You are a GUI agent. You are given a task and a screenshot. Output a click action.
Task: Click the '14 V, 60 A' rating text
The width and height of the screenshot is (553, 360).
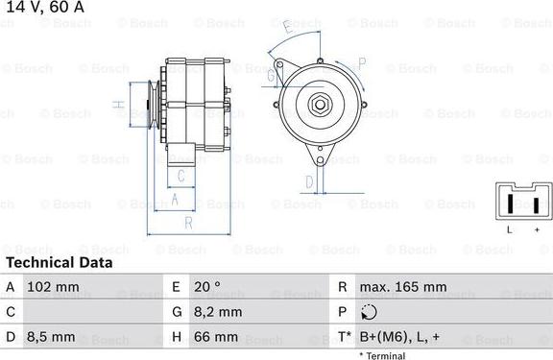pos(44,8)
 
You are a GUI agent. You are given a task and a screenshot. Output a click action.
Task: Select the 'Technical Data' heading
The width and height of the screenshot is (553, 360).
pos(60,262)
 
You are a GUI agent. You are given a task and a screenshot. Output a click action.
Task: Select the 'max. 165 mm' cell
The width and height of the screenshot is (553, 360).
pos(402,287)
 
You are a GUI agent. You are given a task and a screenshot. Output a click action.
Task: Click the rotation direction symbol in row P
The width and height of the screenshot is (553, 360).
pos(369,312)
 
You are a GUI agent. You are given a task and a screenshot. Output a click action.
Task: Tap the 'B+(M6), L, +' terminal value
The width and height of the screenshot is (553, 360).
pos(399,337)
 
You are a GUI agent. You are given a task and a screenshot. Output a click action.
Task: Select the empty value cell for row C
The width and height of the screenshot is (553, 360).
pos(86,312)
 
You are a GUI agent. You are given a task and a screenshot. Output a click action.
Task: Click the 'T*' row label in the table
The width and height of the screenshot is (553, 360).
pos(343,337)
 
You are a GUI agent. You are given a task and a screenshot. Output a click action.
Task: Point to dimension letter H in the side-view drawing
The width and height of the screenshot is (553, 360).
pos(117,104)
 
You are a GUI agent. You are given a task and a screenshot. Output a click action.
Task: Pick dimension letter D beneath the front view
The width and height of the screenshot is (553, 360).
pos(309,180)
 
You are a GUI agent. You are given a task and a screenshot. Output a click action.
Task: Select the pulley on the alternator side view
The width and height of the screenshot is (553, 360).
pos(150,103)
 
